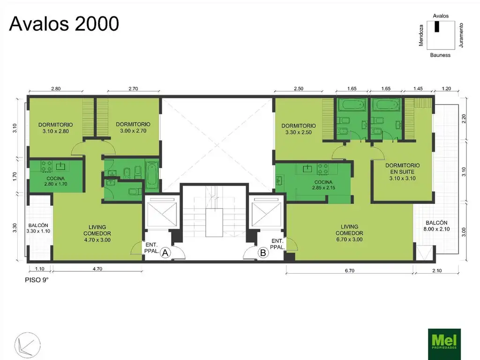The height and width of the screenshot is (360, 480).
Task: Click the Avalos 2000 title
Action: coord(64,23)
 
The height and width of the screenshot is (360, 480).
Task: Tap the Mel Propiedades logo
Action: coord(444,344)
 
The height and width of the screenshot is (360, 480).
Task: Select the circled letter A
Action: coord(165,253)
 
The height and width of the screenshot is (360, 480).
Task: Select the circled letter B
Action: coord(262,253)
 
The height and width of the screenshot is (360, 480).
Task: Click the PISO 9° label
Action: coord(37,280)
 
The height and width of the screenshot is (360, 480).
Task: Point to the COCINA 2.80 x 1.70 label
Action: coord(56,181)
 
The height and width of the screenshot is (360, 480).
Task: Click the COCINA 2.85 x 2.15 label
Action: coord(323,185)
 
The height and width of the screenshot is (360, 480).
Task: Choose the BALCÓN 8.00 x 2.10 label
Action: coord(436,225)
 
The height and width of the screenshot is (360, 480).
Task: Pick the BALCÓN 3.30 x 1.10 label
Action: coord(38,228)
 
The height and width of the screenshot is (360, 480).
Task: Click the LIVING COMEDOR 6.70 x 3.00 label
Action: coord(349,233)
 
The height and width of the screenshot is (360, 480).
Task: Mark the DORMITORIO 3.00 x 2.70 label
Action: coord(133,127)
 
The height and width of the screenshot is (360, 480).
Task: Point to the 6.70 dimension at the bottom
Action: coord(350,270)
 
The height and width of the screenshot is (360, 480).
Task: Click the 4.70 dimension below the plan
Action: coord(97,269)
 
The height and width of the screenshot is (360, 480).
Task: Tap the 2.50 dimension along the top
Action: coord(299,89)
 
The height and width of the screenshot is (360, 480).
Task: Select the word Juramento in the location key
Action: coord(461,35)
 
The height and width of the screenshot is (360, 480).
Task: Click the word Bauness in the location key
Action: coord(440,55)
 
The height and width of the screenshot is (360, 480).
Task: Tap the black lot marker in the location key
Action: coord(437,27)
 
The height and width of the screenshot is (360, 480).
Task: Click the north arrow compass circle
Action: coord(28,345)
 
